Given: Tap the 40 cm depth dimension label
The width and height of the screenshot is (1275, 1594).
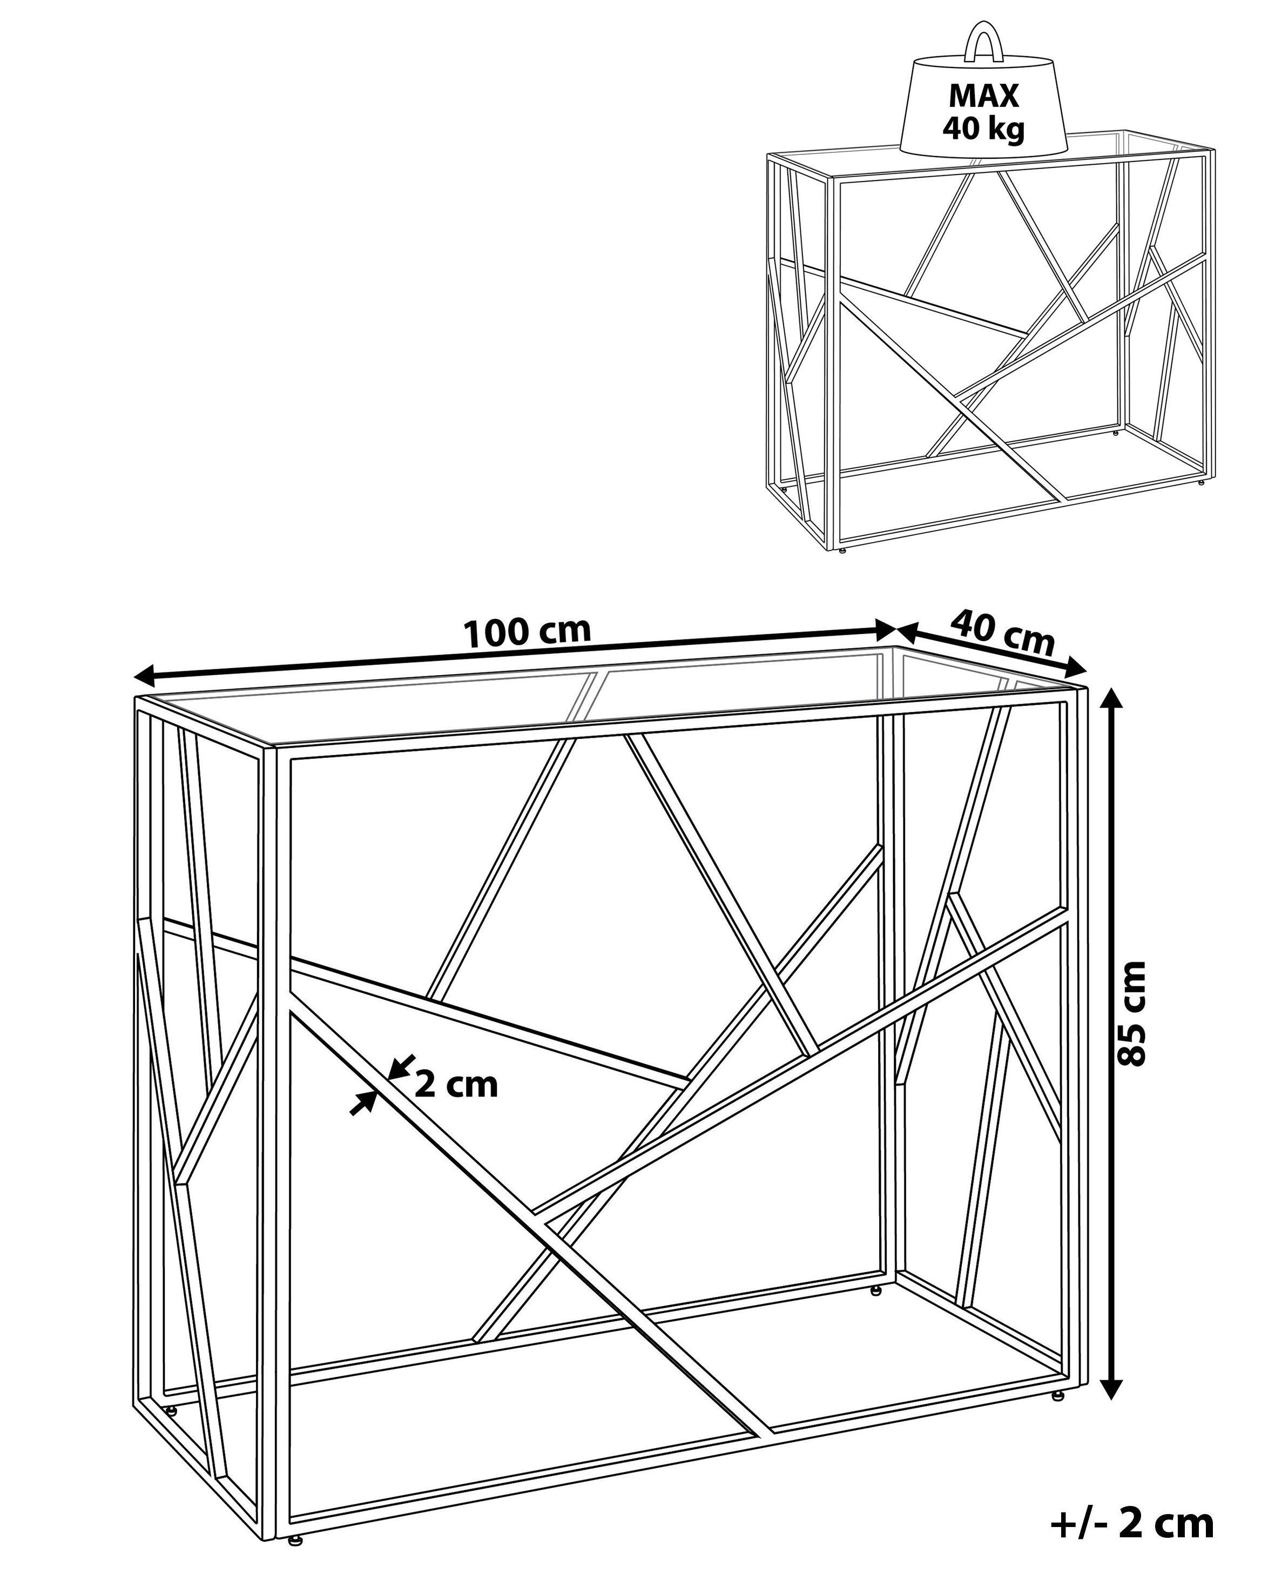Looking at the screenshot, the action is point(1002,634).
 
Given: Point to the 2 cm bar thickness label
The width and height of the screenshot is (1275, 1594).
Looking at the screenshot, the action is point(456,1085).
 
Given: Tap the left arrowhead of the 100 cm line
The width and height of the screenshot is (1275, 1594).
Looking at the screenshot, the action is point(146,674).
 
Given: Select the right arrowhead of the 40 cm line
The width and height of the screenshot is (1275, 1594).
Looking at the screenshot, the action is point(1075,668).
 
